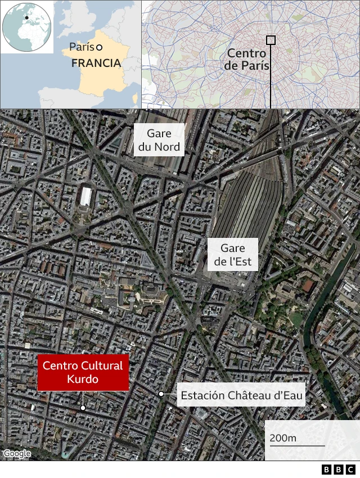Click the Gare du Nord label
(159, 141)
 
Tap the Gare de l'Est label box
(232, 254)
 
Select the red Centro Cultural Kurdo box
(83, 372)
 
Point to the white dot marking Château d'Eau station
(161, 394)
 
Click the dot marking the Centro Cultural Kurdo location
(82, 408)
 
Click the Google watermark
(16, 454)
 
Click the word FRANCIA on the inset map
(96, 63)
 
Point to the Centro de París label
(247, 59)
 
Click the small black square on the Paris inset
(271, 40)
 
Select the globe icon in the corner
(27, 27)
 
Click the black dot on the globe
(26, 17)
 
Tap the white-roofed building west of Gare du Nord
(85, 197)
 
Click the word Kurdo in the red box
(83, 380)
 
